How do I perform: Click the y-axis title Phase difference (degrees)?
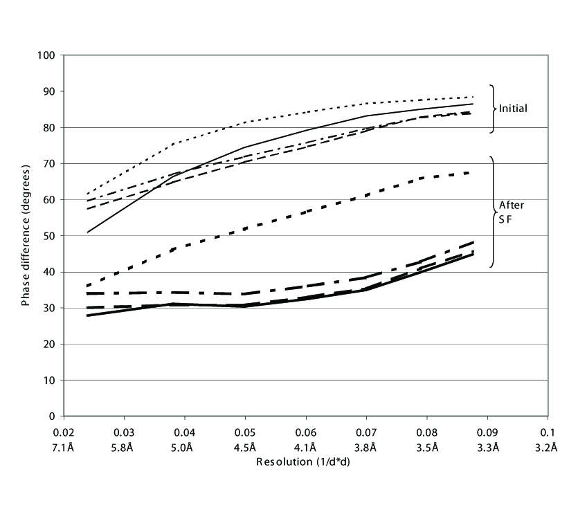click(25, 235)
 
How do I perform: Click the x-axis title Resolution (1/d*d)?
click(305, 461)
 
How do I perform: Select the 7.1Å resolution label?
click(64, 448)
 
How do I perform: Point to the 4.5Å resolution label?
click(245, 448)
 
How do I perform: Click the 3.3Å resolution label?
click(487, 448)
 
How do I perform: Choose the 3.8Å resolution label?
click(366, 448)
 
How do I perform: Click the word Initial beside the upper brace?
click(513, 109)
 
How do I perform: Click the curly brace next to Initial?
click(493, 109)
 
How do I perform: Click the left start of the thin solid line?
click(87, 232)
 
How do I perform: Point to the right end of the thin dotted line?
click(473, 97)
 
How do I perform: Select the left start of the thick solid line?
click(87, 315)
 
